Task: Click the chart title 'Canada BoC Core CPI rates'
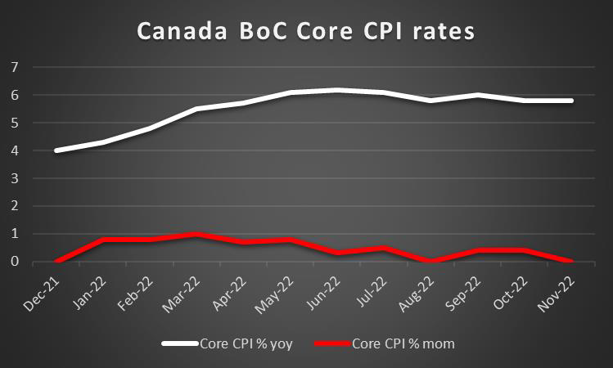pyautogui.click(x=305, y=32)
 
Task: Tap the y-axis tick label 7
pyautogui.click(x=14, y=67)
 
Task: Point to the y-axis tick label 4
pyautogui.click(x=14, y=150)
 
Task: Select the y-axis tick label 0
pyautogui.click(x=14, y=262)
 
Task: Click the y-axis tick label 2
pyautogui.click(x=14, y=206)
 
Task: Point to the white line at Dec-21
pyautogui.click(x=56, y=150)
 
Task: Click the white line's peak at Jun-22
pyautogui.click(x=337, y=90)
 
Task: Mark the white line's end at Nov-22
pyautogui.click(x=571, y=101)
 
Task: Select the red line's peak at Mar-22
pyautogui.click(x=196, y=234)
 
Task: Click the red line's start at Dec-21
pyautogui.click(x=56, y=261)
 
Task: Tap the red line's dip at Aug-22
pyautogui.click(x=430, y=261)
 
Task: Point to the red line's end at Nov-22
pyautogui.click(x=571, y=261)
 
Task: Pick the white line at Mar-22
pyautogui.click(x=196, y=109)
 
